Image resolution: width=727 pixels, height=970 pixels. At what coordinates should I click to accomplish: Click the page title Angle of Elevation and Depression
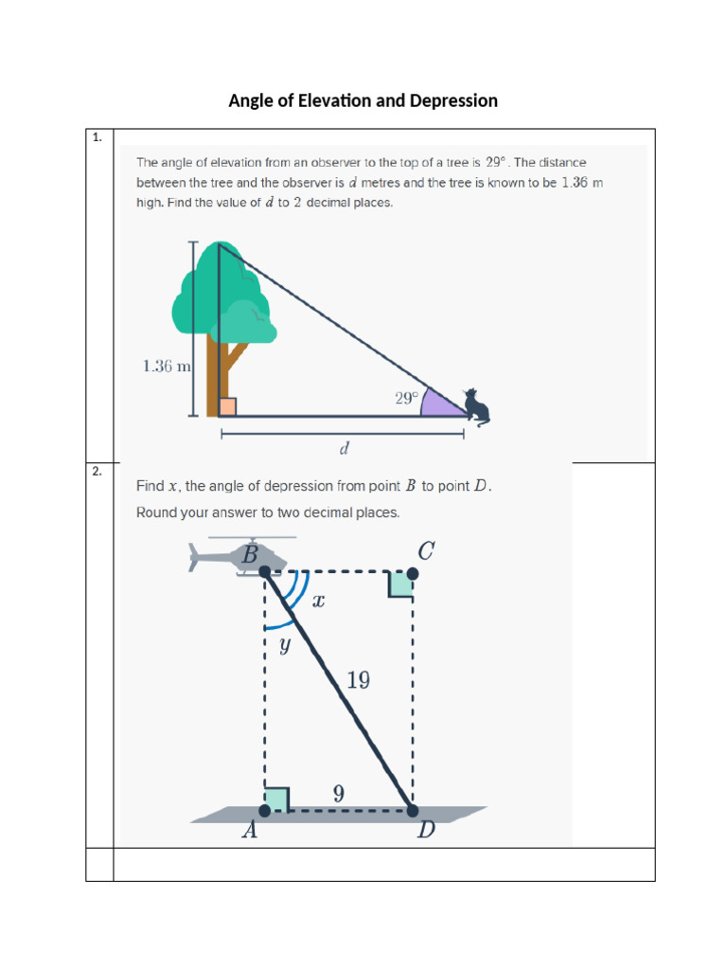(x=363, y=100)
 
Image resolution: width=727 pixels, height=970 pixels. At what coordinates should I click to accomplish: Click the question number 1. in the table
(x=97, y=138)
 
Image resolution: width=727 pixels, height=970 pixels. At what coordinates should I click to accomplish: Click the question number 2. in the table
(x=97, y=471)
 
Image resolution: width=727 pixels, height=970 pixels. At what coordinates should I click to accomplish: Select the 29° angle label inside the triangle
(x=406, y=400)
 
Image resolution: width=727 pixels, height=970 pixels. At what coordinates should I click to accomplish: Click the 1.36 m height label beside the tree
(x=167, y=367)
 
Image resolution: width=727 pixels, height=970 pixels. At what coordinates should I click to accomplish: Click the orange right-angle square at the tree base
(x=227, y=407)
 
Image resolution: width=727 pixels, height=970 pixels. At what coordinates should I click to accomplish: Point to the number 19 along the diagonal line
(x=358, y=680)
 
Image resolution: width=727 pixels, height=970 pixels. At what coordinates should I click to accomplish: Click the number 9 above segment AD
(x=338, y=794)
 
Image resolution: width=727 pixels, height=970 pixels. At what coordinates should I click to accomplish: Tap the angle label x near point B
(x=319, y=600)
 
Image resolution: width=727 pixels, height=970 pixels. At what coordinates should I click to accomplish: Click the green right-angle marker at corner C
(x=401, y=584)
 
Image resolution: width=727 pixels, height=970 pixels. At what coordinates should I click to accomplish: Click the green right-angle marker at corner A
(x=276, y=799)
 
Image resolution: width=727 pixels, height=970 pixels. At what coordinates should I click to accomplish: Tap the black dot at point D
(x=413, y=811)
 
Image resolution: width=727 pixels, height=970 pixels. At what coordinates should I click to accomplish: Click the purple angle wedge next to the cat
(x=441, y=404)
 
